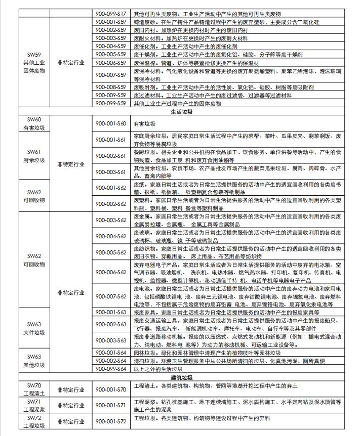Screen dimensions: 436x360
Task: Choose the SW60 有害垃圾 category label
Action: tap(34, 124)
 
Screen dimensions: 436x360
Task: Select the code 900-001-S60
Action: tap(111, 123)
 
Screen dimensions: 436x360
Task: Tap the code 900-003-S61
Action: tap(111, 172)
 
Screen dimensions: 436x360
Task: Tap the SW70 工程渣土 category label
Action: tap(34, 389)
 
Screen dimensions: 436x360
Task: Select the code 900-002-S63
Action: tap(111, 324)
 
